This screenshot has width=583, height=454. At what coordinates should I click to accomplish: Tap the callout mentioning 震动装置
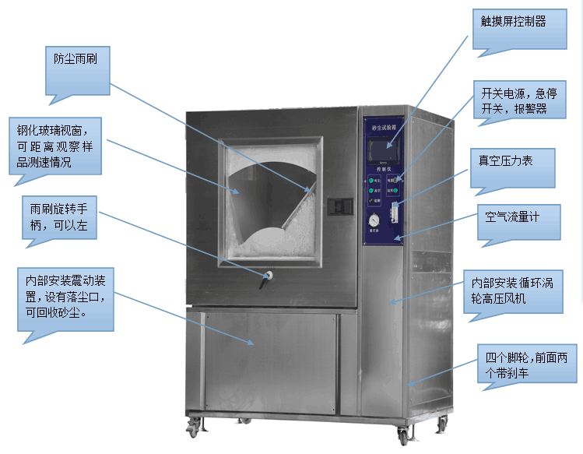click(x=66, y=297)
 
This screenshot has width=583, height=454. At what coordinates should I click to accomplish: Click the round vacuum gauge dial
click(x=374, y=219)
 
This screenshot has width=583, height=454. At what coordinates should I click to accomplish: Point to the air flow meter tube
click(x=395, y=210)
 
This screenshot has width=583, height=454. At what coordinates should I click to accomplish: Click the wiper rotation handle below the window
click(x=269, y=276)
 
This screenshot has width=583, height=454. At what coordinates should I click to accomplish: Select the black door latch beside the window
click(x=338, y=206)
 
